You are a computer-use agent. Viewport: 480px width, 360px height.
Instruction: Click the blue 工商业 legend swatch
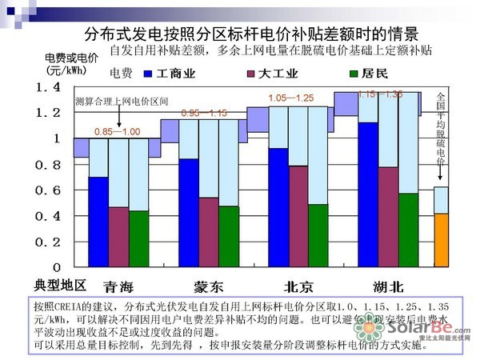[147, 74]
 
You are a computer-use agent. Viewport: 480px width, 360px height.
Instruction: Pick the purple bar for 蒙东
[208, 232]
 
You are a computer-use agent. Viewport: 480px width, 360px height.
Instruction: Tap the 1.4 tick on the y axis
[50, 86]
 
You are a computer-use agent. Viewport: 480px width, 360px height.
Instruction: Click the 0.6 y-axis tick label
[50, 190]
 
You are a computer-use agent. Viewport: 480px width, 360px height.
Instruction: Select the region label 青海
[119, 286]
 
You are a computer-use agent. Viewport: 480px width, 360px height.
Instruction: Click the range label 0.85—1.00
[117, 131]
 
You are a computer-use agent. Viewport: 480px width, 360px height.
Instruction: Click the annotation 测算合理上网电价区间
[122, 102]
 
